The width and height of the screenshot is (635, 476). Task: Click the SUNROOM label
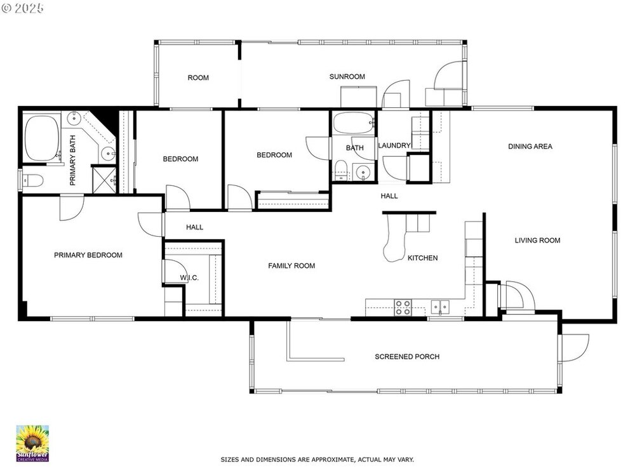(347, 77)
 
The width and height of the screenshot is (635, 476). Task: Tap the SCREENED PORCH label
(407, 357)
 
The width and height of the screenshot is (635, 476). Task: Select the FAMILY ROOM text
(291, 266)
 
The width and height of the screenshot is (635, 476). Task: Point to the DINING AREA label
(530, 147)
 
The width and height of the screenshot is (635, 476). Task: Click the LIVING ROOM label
(537, 241)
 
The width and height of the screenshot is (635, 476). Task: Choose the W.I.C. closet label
(189, 278)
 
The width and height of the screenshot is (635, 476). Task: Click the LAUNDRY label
(394, 145)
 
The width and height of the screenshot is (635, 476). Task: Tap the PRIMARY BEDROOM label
(88, 255)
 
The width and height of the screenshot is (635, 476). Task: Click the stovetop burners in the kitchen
(403, 307)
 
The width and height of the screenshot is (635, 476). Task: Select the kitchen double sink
(440, 307)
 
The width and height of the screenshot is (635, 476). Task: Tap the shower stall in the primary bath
(104, 180)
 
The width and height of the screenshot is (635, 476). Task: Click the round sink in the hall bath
(363, 173)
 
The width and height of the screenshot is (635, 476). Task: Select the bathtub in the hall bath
(354, 123)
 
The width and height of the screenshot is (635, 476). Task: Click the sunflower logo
(32, 443)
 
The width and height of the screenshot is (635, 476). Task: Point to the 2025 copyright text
(23, 8)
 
